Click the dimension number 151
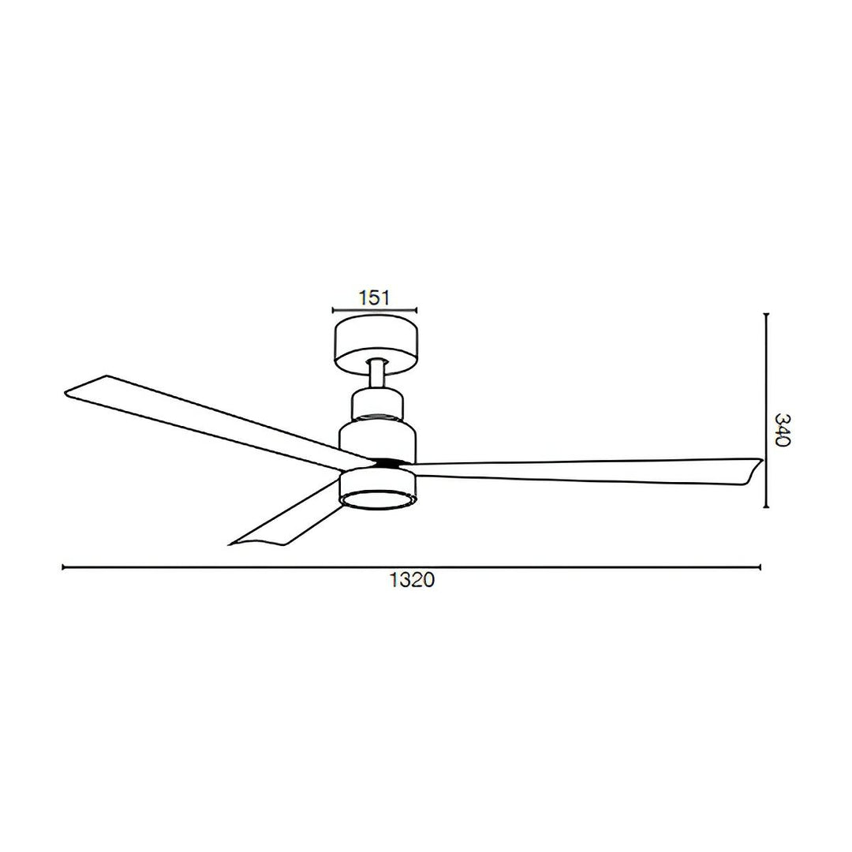(x=375, y=297)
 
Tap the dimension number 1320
(x=412, y=581)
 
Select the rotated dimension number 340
(x=782, y=429)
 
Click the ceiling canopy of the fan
(x=376, y=342)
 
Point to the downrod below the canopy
(x=377, y=374)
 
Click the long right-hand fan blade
(x=584, y=470)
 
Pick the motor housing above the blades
(x=377, y=438)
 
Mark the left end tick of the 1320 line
(x=63, y=566)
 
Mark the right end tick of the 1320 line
(x=760, y=566)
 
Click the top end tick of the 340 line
(x=766, y=314)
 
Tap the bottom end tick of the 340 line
(x=766, y=506)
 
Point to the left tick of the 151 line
(x=334, y=311)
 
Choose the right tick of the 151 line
(x=417, y=311)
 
